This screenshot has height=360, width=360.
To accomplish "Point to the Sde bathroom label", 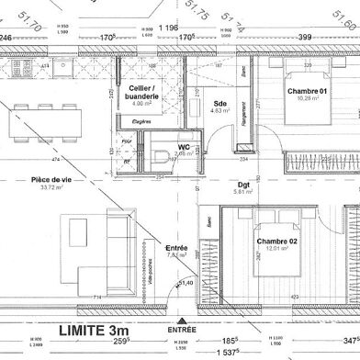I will click(x=220, y=104).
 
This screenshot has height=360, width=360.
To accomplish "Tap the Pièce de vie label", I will click(x=50, y=182).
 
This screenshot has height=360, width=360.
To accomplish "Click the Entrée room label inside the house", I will click(x=176, y=249).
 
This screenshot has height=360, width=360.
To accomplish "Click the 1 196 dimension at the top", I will click(x=169, y=28).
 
